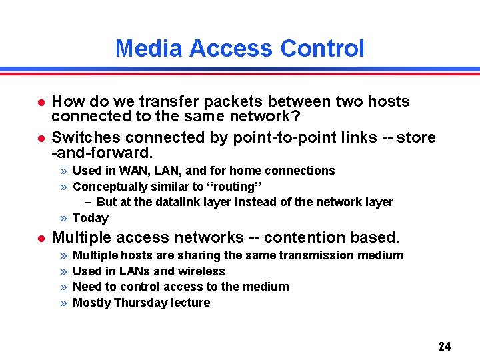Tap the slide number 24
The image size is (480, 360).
click(445, 346)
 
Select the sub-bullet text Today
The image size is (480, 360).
click(90, 218)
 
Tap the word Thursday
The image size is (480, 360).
click(141, 303)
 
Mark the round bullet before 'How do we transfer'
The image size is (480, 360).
click(41, 102)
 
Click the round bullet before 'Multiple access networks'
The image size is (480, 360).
click(41, 238)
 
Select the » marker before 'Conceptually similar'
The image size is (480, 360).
click(63, 187)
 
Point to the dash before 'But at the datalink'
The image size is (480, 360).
click(88, 202)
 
